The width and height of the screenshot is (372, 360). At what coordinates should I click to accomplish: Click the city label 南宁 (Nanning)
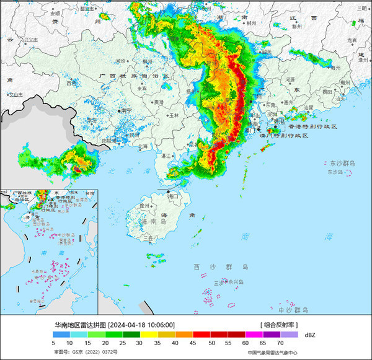pyautogui.click(x=126, y=110)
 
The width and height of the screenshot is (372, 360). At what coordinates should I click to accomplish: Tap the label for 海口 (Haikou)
pyautogui.click(x=174, y=196)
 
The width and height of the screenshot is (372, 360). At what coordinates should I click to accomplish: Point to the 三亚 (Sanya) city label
pyautogui.click(x=148, y=237)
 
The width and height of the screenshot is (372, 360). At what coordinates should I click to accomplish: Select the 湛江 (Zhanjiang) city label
pyautogui.click(x=165, y=156)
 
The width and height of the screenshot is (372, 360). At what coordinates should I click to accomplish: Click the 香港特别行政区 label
pyautogui.click(x=311, y=126)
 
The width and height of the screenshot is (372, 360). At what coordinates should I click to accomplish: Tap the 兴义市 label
pyautogui.click(x=30, y=39)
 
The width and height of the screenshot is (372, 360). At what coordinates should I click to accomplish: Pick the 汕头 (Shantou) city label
pyautogui.click(x=339, y=98)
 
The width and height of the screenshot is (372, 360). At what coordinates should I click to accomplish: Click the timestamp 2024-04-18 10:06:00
pyautogui.click(x=141, y=325)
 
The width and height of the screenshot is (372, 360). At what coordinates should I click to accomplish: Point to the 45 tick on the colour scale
pyautogui.click(x=193, y=342)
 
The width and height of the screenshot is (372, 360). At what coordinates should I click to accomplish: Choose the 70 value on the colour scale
pyautogui.click(x=280, y=342)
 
